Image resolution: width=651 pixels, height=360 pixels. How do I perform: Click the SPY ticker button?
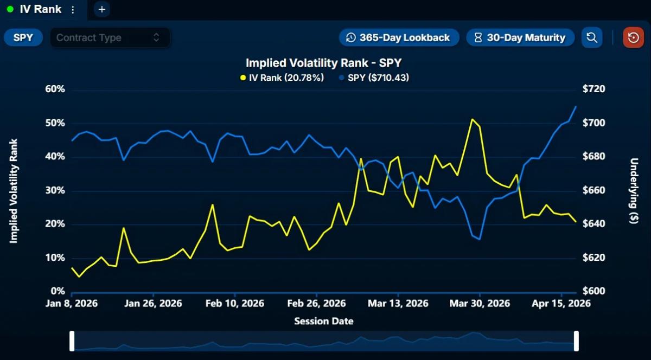pos(23,37)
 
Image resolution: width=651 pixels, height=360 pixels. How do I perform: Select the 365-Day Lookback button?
pos(399,37)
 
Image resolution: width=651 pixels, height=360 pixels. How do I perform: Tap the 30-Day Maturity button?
pos(520,37)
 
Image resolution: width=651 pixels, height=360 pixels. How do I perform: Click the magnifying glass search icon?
pos(592,37)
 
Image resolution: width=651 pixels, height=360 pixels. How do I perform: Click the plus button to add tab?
pos(101,9)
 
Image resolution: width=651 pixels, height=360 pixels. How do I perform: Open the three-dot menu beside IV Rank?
pos(73,10)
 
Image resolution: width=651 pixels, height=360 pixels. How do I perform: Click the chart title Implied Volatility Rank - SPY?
pos(323,63)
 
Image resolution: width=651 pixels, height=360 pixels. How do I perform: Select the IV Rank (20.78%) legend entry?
pos(282,78)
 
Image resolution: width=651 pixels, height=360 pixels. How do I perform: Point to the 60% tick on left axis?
pos(54,89)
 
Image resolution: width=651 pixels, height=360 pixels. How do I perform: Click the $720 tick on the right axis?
pos(593,89)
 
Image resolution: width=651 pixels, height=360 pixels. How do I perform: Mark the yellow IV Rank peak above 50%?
pos(472,119)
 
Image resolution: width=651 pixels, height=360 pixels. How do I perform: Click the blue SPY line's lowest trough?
pos(479,239)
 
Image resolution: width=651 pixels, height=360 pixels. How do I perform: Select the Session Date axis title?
pos(323,321)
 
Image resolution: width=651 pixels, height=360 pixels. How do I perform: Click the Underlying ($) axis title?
pos(634,191)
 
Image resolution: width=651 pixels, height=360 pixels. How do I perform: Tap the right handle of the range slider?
pos(576,341)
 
